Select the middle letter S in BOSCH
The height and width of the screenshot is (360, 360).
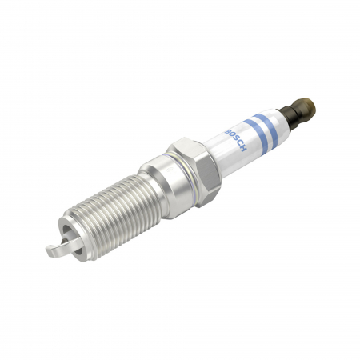238,137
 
